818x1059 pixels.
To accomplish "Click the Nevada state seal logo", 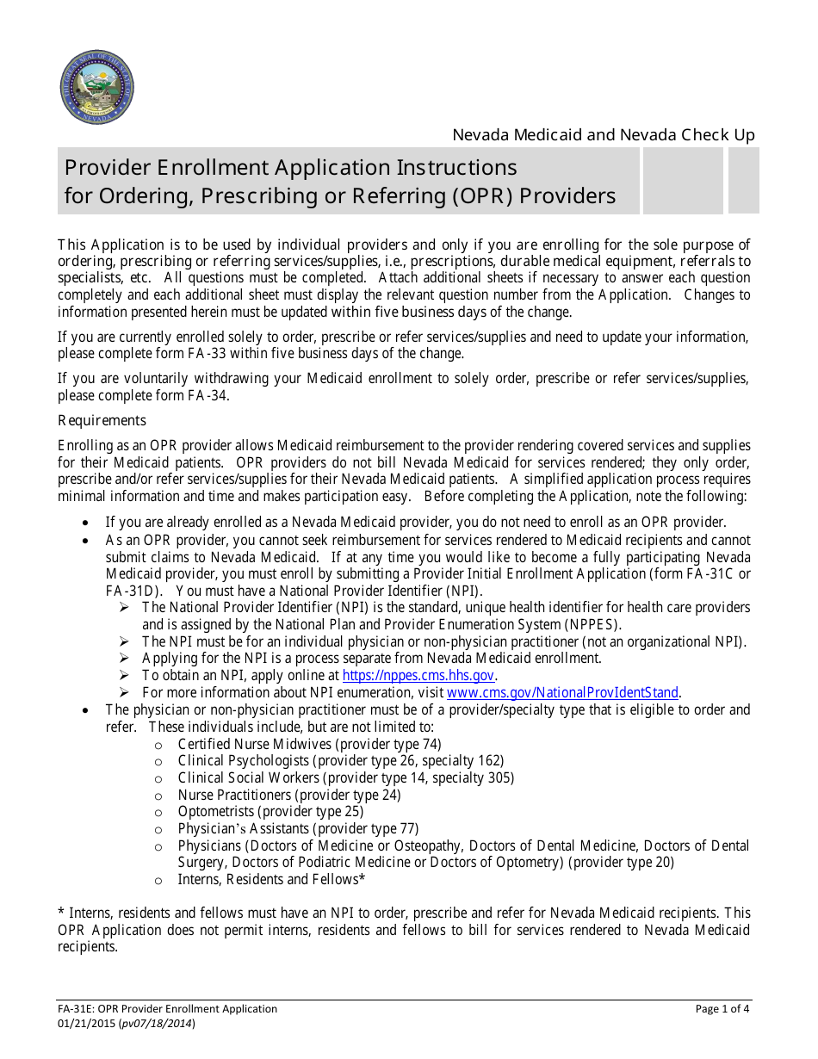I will pyautogui.click(x=96, y=87).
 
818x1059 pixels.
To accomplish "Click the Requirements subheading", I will pyautogui.click(x=102, y=421).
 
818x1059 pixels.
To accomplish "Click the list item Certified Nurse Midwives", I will pyautogui.click(x=309, y=744).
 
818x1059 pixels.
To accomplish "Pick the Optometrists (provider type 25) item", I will pyautogui.click(x=270, y=812).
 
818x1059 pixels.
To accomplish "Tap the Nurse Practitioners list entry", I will pyautogui.click(x=288, y=795).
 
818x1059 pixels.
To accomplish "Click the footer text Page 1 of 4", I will pyautogui.click(x=722, y=1009).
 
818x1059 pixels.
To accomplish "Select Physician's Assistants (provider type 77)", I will pyautogui.click(x=298, y=829).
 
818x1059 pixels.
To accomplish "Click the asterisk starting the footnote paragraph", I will pyautogui.click(x=61, y=913).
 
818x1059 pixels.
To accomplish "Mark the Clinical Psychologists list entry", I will pyautogui.click(x=340, y=761).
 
